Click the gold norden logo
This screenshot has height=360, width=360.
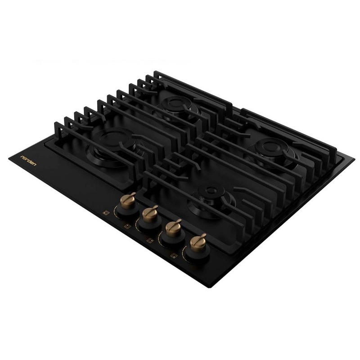pyautogui.click(x=28, y=161)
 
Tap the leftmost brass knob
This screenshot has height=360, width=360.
pyautogui.click(x=128, y=201)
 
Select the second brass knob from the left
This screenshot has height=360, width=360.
pyautogui.click(x=150, y=214)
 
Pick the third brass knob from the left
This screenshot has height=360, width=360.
pyautogui.click(x=173, y=228)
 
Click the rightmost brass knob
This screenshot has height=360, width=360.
pyautogui.click(x=198, y=243)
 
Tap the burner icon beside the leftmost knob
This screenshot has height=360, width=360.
pyautogui.click(x=106, y=212)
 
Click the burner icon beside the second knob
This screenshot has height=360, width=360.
pyautogui.click(x=127, y=226)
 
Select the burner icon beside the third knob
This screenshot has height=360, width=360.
pyautogui.click(x=150, y=241)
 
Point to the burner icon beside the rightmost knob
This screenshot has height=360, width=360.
pyautogui.click(x=174, y=256)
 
